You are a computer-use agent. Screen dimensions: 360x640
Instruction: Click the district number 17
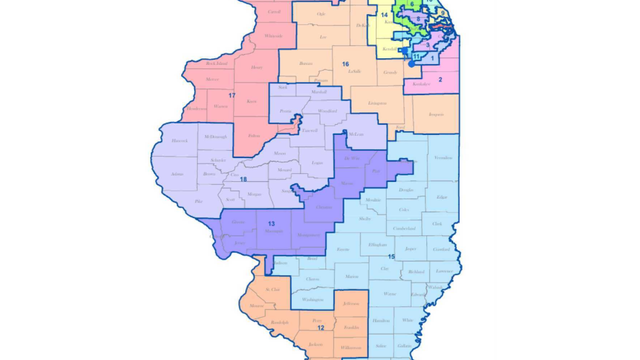pos(231,95)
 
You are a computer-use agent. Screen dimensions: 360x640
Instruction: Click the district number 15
pos(391,257)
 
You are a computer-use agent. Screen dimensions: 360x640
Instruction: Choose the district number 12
pos(320,327)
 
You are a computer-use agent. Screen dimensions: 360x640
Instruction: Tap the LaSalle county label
pos(351,72)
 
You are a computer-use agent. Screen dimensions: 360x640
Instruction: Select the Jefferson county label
pos(349,301)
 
